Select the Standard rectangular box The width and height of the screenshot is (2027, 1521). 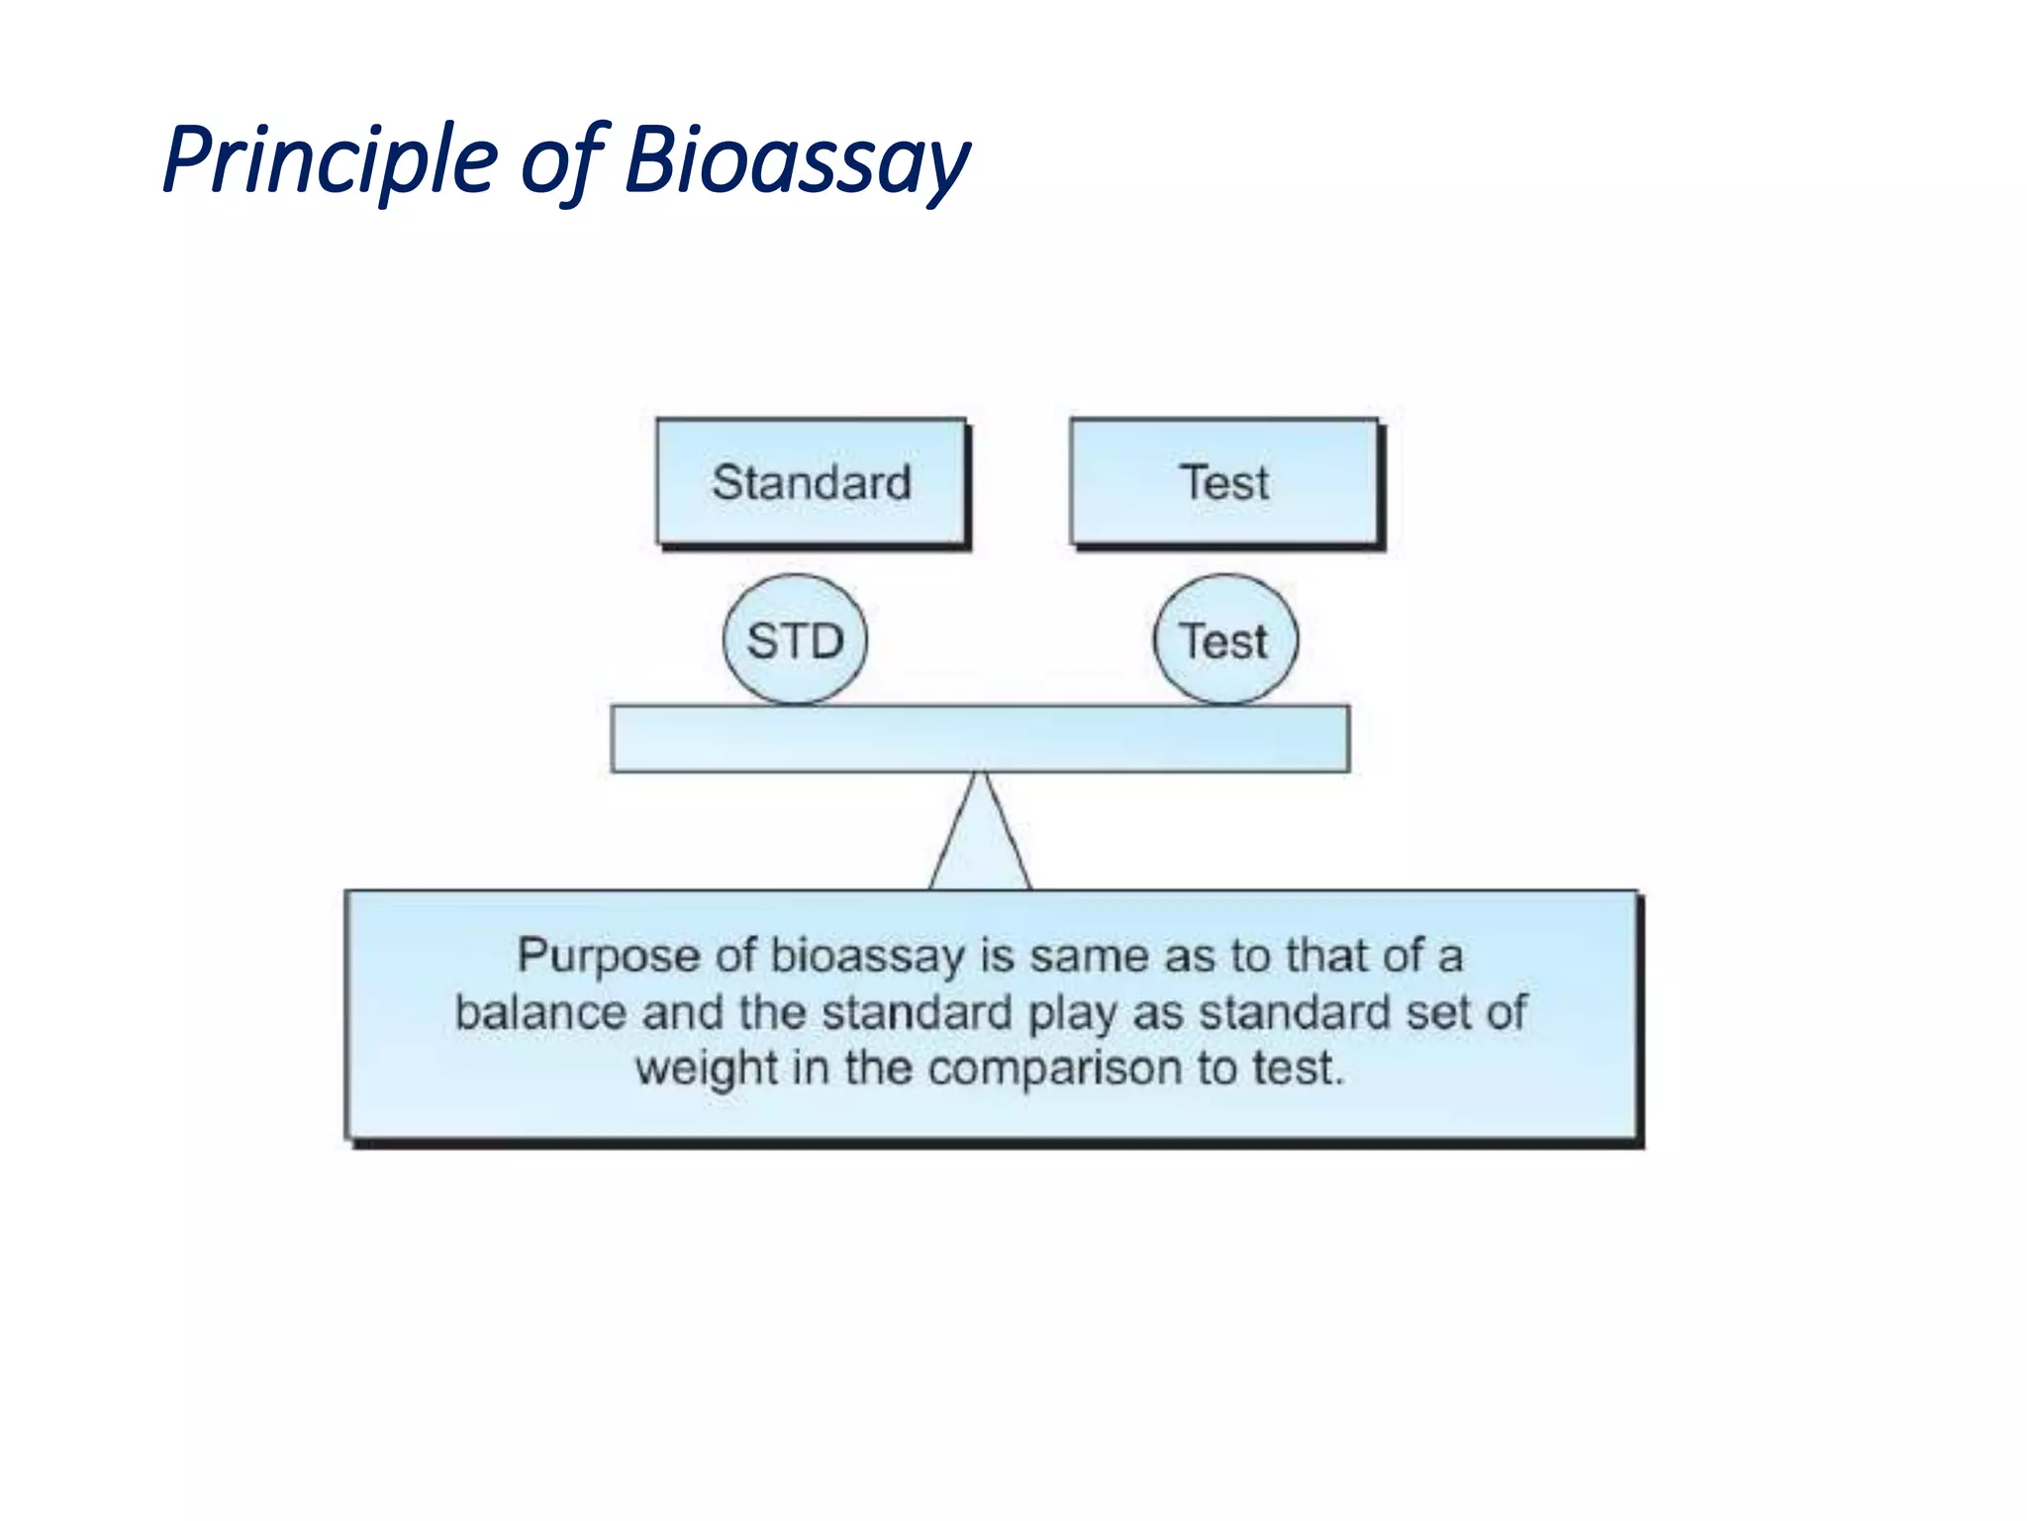tap(811, 482)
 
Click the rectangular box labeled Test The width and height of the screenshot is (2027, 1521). tap(1224, 482)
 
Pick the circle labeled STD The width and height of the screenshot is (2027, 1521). tap(795, 640)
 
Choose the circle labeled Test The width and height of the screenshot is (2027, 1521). tap(1225, 640)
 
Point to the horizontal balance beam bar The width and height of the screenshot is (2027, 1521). tap(980, 739)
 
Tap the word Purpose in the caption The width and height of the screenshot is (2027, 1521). tap(608, 957)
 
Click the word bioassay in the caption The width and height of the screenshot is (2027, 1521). tap(867, 957)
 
